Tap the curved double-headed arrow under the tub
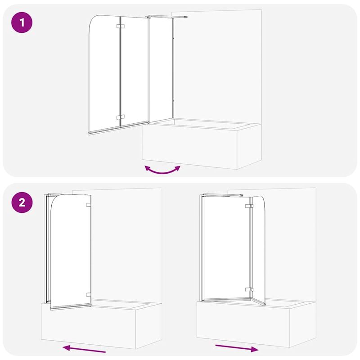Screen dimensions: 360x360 [162, 170]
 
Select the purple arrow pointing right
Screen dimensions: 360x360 [237, 347]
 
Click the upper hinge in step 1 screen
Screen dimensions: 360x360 [120, 27]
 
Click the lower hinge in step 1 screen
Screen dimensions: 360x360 [120, 117]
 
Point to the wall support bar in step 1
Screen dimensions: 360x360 [166, 17]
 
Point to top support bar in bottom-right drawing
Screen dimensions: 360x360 [223, 195]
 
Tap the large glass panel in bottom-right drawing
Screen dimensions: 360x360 [225, 247]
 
